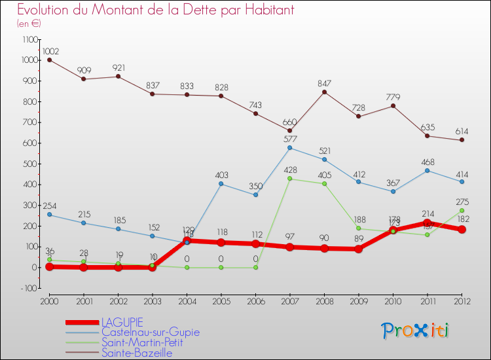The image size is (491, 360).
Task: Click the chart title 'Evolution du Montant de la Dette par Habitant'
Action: click(156, 10)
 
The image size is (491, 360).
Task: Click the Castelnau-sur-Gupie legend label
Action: click(150, 332)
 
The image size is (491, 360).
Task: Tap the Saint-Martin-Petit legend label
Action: click(142, 342)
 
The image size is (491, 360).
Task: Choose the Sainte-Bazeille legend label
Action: click(137, 353)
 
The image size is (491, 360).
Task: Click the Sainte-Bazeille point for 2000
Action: click(50, 60)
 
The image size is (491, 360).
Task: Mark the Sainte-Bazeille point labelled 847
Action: click(325, 92)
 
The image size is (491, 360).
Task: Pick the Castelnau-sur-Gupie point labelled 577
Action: click(289, 148)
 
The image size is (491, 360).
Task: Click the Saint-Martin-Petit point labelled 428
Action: click(289, 179)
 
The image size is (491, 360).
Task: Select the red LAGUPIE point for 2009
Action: click(359, 249)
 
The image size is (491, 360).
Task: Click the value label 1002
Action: click(50, 51)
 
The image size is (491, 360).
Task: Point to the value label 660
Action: click(289, 122)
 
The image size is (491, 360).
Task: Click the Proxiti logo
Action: click(415, 331)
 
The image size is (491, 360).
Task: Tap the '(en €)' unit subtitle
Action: click(29, 23)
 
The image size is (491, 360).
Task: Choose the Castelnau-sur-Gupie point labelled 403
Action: click(222, 184)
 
